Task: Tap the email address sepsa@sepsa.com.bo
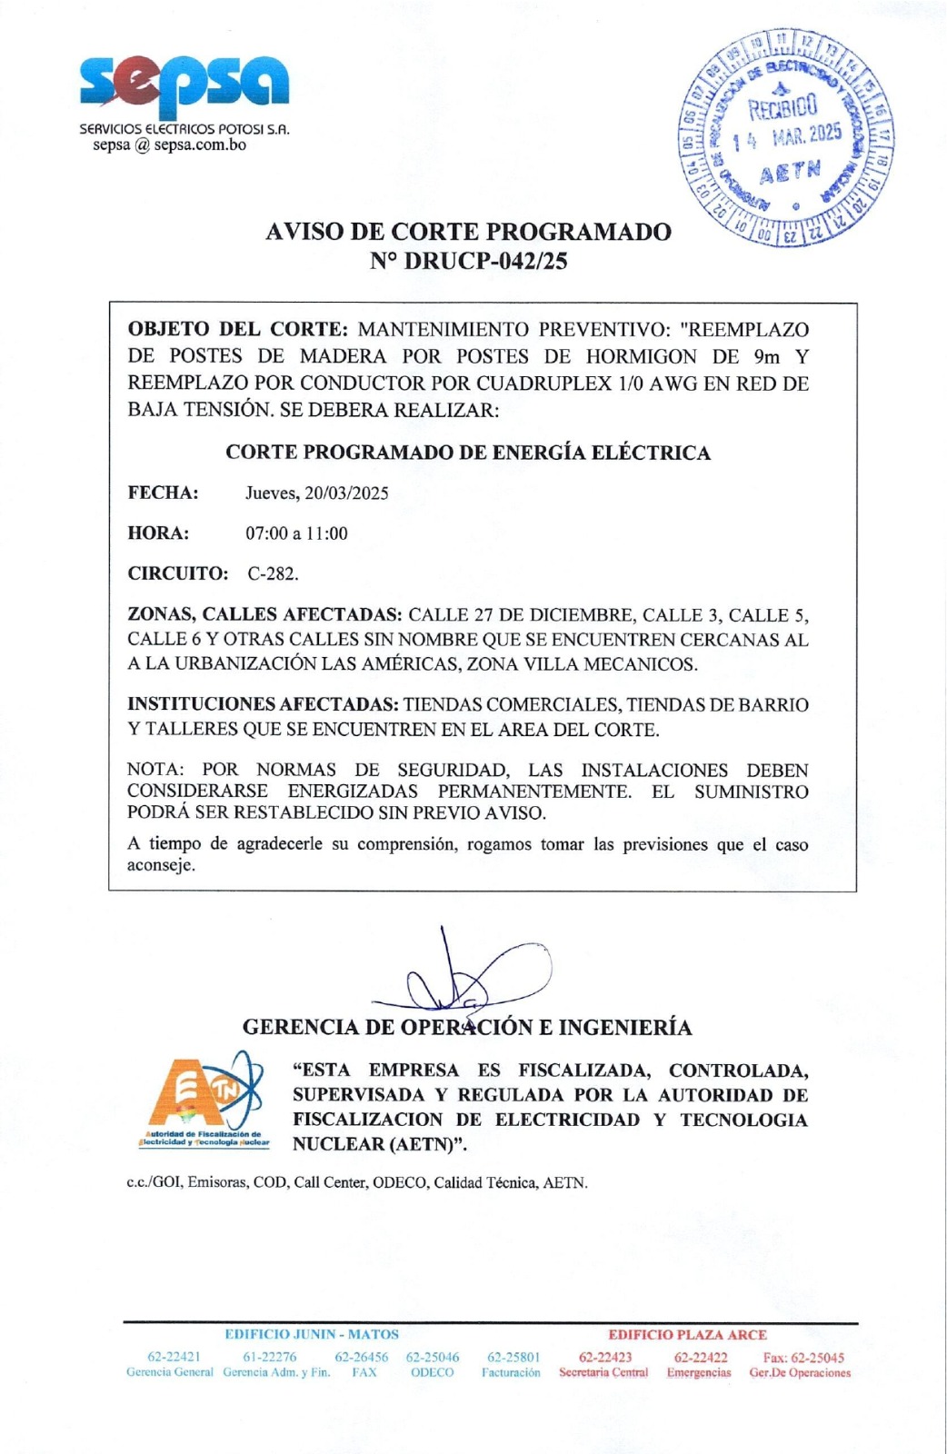click(x=169, y=145)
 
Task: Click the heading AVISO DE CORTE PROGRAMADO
click(x=468, y=232)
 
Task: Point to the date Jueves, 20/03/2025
click(x=316, y=493)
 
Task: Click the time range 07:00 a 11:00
click(x=296, y=533)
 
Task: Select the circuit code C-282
click(x=273, y=573)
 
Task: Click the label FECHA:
click(x=163, y=493)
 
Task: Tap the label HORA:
click(x=158, y=533)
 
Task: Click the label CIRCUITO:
click(x=177, y=573)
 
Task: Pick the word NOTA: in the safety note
click(x=155, y=771)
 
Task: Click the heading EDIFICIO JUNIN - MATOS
click(x=312, y=1335)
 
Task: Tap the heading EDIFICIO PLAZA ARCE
click(x=687, y=1335)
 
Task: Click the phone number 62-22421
click(x=174, y=1357)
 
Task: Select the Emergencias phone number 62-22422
click(x=700, y=1357)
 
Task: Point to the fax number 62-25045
click(x=803, y=1357)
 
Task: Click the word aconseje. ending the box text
click(x=161, y=865)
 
